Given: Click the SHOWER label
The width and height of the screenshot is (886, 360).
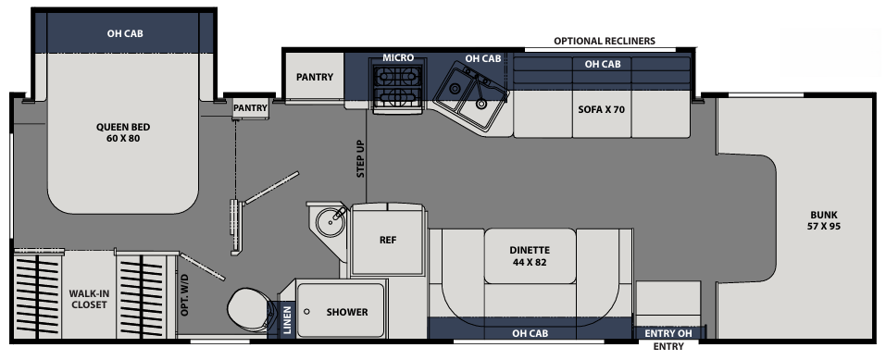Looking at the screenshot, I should pyautogui.click(x=347, y=312).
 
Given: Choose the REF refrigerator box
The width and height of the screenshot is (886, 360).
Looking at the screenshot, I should pyautogui.click(x=388, y=240).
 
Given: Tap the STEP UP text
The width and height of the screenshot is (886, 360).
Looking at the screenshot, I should pyautogui.click(x=360, y=158).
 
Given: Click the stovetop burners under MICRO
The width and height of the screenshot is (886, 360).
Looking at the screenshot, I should pyautogui.click(x=397, y=88).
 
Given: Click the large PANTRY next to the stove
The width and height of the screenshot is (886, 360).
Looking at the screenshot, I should pyautogui.click(x=315, y=78).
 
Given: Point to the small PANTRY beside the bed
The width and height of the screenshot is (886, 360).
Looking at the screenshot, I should pyautogui.click(x=250, y=107).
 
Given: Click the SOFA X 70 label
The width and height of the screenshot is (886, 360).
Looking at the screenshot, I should pyautogui.click(x=602, y=108).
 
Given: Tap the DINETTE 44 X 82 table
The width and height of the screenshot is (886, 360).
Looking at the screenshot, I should pyautogui.click(x=530, y=256).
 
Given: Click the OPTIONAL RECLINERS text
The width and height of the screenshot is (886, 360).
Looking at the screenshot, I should pyautogui.click(x=604, y=42).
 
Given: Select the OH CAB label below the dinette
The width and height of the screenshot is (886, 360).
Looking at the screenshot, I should pyautogui.click(x=532, y=333).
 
